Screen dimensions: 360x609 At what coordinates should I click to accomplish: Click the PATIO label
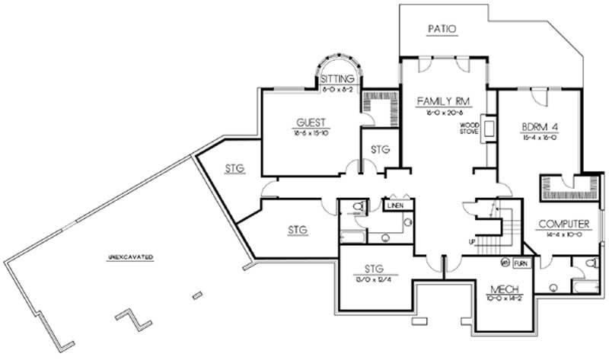(442, 30)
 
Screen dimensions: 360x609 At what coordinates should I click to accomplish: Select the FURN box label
(521, 263)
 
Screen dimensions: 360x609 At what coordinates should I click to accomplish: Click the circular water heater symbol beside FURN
(505, 263)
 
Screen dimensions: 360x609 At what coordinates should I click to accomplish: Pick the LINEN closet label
(394, 205)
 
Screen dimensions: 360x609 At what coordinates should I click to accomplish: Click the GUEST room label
(311, 122)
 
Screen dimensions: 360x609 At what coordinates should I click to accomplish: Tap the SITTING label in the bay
(336, 78)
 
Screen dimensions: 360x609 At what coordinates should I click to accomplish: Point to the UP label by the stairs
(472, 241)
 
